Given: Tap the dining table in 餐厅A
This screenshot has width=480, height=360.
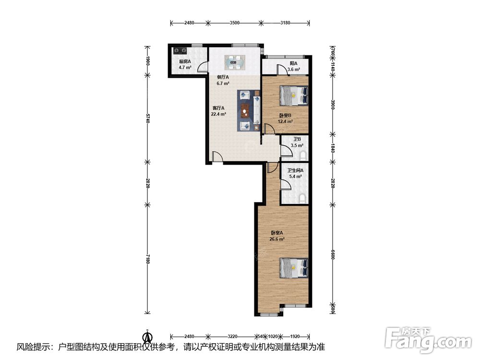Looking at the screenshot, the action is (235, 62).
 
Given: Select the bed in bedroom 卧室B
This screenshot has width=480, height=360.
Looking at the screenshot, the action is (294, 96).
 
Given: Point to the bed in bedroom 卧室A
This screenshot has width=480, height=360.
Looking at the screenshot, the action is (294, 268).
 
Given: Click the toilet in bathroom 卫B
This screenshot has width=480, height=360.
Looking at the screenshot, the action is (303, 156).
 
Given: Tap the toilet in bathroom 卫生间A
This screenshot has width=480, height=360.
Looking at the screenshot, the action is (303, 198).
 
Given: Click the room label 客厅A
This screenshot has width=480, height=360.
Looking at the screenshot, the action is (218, 108).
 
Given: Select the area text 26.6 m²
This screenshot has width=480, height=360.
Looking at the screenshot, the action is (277, 239).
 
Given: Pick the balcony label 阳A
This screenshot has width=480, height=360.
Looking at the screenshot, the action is (293, 63).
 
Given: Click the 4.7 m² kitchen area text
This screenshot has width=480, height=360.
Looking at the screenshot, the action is (185, 67).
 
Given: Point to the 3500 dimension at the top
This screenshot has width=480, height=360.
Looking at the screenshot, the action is (235, 23).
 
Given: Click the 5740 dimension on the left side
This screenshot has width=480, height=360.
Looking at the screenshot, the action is (147, 118).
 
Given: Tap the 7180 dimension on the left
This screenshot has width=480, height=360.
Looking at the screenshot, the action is (147, 259).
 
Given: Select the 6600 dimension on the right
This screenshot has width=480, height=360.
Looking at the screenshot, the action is (333, 254).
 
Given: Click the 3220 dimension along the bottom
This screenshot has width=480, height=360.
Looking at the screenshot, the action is (232, 336).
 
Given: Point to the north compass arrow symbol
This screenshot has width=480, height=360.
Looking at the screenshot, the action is (147, 336).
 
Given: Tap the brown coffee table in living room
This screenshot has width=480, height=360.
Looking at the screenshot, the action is (245, 111).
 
